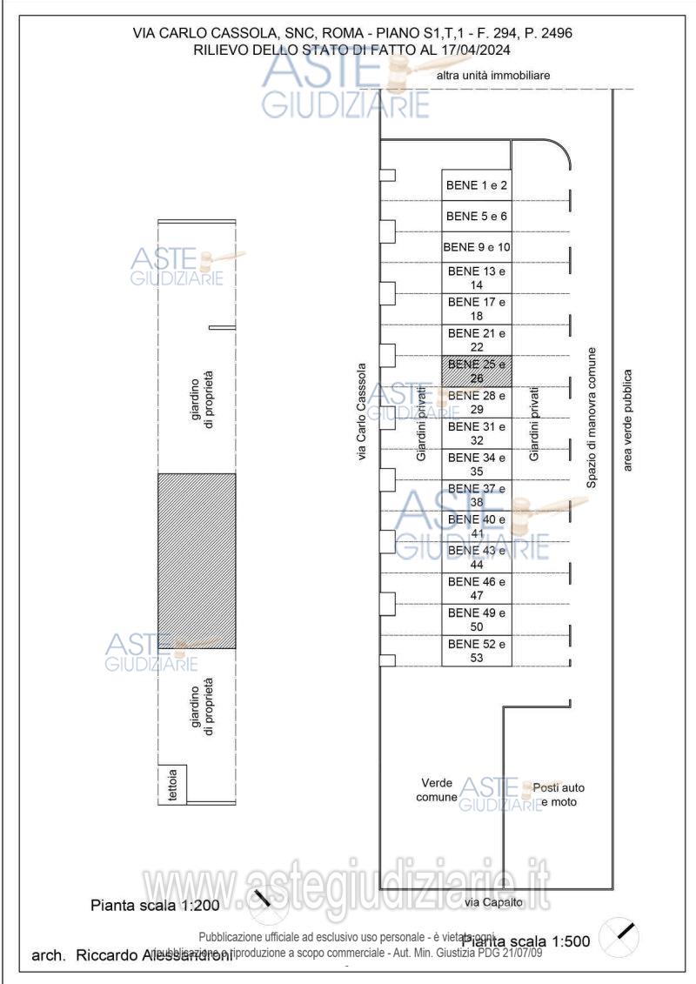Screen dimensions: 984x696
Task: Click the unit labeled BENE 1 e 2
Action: (x=476, y=184)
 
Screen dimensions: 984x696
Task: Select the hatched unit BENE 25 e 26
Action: (x=476, y=371)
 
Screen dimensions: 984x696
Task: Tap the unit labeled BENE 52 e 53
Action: (x=476, y=651)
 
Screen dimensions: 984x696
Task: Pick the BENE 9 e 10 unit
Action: (x=476, y=247)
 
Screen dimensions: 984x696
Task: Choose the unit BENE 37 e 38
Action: (x=476, y=495)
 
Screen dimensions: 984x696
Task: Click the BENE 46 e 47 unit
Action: (x=476, y=588)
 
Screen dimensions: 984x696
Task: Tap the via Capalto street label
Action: (x=493, y=902)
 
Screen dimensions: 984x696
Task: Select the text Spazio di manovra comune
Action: (x=591, y=417)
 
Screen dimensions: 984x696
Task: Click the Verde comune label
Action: (x=437, y=790)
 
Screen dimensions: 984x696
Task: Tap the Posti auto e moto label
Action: (x=559, y=793)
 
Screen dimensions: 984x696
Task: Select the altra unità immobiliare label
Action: (x=493, y=76)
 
